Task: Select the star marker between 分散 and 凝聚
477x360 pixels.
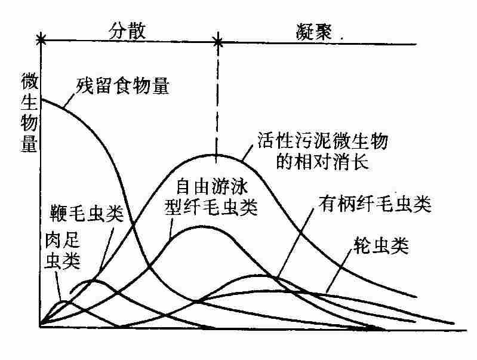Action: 218,42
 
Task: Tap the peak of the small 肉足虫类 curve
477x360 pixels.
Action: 64,301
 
